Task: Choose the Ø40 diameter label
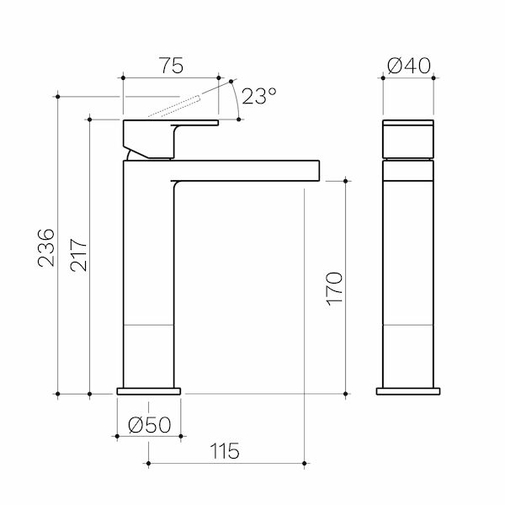coord(409,66)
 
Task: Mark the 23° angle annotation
coord(258,96)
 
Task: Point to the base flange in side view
coord(149,391)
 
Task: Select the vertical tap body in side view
coord(149,278)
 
